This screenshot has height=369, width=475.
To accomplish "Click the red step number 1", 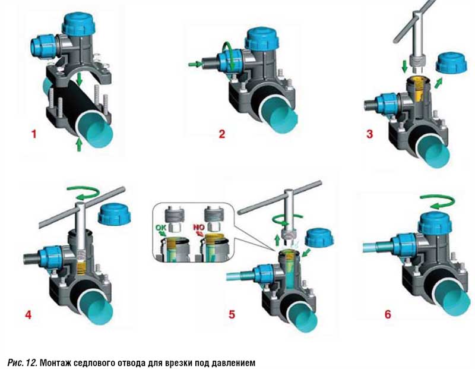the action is point(34,134).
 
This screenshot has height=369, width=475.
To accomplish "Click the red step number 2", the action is point(222,134).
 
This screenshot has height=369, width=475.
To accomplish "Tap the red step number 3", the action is point(369,134).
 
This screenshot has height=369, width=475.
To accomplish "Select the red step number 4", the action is point(28,314).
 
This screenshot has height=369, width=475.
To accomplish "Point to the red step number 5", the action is point(232,314).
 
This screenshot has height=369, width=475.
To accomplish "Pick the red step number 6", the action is point(388,314).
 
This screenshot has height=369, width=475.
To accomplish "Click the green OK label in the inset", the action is point(160,227).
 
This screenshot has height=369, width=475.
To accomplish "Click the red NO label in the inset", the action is point(199,227).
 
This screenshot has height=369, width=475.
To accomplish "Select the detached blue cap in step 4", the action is point(115,215).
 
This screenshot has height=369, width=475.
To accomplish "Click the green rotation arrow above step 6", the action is point(437,202).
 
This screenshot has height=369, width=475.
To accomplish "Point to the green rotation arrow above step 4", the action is point(83,193).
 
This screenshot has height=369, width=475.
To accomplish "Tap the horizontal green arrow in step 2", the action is point(195,64).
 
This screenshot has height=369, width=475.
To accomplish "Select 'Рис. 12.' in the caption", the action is point(22,362).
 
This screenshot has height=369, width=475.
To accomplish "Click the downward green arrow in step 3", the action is point(404,67).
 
